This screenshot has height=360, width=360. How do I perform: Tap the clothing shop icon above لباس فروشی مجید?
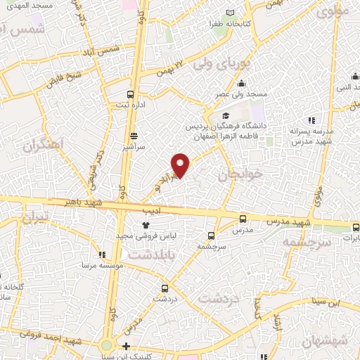(x=146, y=225)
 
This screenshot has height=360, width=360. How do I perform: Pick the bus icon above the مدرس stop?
(x=243, y=219)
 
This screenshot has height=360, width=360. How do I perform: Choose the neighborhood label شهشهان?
(x=326, y=340)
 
